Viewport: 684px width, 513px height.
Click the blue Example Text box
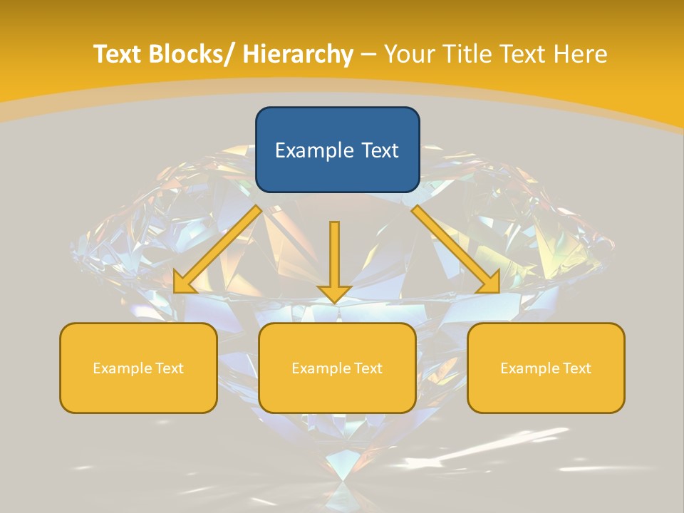337,150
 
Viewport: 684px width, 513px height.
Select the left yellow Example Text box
138,368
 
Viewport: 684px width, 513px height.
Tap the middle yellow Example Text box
337,368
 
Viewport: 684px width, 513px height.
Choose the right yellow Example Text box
546,368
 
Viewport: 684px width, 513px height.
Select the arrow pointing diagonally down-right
456,249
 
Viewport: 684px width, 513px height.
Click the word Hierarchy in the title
298,54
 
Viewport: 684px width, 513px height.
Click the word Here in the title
583,54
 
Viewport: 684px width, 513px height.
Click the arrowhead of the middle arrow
335,294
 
